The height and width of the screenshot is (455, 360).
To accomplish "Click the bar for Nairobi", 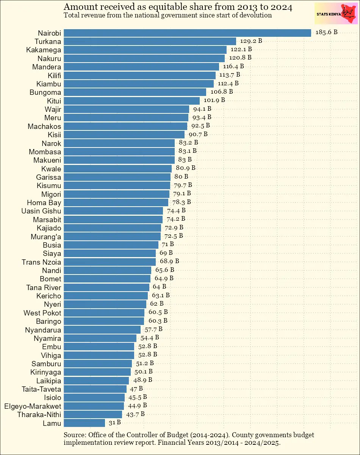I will point(187,33).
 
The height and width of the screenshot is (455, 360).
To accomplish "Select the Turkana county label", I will point(48,41).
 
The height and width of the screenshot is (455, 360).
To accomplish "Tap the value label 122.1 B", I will point(241,49).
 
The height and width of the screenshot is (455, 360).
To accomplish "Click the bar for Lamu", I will point(84,423).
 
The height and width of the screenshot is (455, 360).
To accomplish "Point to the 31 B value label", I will point(114,422).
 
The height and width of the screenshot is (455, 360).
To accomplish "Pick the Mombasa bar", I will point(119,152).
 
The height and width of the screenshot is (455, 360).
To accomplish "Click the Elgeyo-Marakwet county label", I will point(33,406).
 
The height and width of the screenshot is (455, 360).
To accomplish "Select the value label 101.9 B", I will point(214,100).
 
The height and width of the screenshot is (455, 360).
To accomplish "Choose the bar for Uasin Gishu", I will point(113,211).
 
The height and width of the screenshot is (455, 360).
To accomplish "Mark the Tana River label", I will point(44,287).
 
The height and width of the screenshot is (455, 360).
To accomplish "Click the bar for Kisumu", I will point(117,185).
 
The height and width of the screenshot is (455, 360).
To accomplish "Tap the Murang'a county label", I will point(46,237).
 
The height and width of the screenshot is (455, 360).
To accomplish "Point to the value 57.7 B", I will point(153,329).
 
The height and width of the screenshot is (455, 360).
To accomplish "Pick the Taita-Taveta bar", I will point(95,389).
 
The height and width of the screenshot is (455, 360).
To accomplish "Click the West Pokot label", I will point(42,313).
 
